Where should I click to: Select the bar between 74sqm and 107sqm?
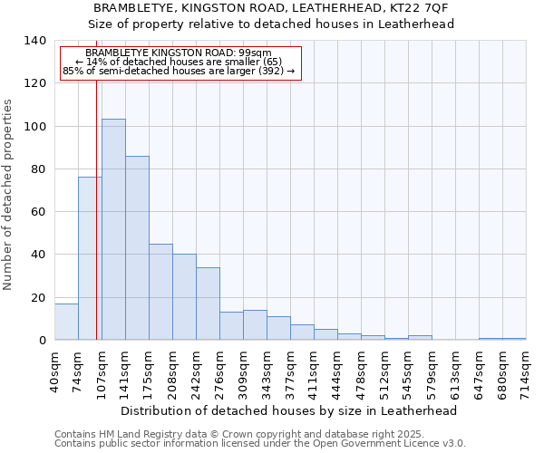pyautogui.click(x=90, y=258)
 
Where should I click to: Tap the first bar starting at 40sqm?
pyautogui.click(x=66, y=322)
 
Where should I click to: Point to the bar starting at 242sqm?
pyautogui.click(x=208, y=304)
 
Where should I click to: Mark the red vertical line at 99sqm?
pyautogui.click(x=96, y=208)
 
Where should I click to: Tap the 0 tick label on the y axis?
pyautogui.click(x=42, y=341)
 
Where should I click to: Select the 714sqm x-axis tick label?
pyautogui.click(x=526, y=371)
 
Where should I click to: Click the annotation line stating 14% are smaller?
pyautogui.click(x=179, y=62)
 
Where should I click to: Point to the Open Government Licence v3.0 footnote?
pyautogui.click(x=260, y=444)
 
